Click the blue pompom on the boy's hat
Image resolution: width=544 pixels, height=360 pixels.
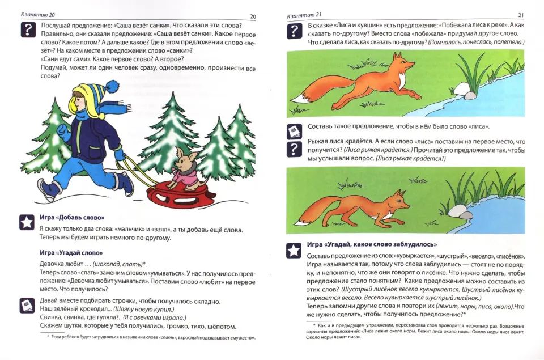[x=111, y=86]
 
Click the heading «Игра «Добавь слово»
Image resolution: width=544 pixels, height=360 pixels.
[x=71, y=218]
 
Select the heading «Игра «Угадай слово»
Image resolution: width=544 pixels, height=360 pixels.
[x=71, y=252]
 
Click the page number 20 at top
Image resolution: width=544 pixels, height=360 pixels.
[x=253, y=16]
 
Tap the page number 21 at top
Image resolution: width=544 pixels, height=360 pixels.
[x=521, y=15]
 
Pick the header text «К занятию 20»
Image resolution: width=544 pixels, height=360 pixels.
[x=40, y=15]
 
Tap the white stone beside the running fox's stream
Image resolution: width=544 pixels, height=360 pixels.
[x=470, y=95]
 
